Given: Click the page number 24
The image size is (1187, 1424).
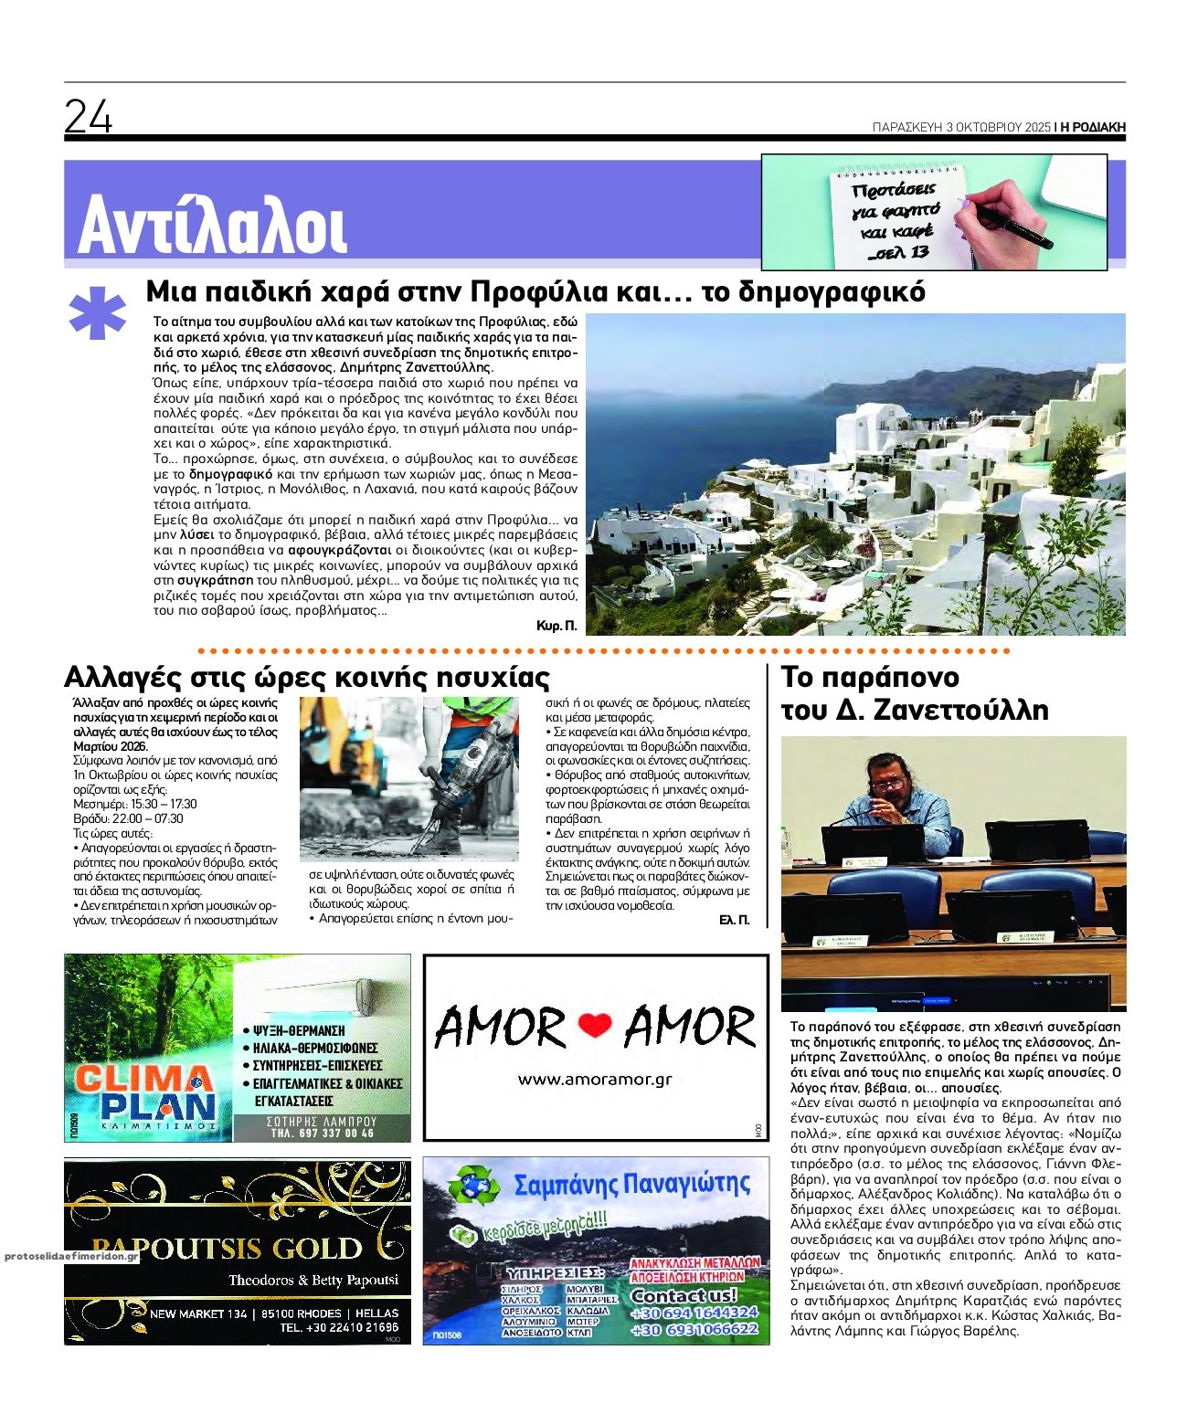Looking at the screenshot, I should click(x=89, y=116).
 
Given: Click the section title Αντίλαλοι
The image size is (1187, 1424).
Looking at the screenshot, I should click(x=212, y=225).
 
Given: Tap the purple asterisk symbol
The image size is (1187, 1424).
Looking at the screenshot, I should click(x=97, y=314).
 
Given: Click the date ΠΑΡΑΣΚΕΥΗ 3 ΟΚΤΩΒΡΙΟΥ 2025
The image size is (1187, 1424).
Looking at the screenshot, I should click(x=959, y=128).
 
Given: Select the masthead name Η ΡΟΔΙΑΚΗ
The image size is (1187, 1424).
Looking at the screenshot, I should click(x=1092, y=128).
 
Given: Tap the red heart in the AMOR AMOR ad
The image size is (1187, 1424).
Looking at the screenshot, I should click(x=595, y=1027).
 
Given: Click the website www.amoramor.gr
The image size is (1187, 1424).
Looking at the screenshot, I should click(x=595, y=1079).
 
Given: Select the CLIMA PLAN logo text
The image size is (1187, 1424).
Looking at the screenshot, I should click(x=146, y=1093).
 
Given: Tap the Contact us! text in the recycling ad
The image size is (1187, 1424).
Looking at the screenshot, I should click(x=684, y=1295).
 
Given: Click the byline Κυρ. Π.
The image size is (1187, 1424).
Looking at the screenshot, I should click(x=557, y=626).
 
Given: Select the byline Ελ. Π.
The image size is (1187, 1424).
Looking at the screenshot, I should click(x=734, y=920).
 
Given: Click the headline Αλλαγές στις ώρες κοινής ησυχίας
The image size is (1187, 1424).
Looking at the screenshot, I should click(x=307, y=678).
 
